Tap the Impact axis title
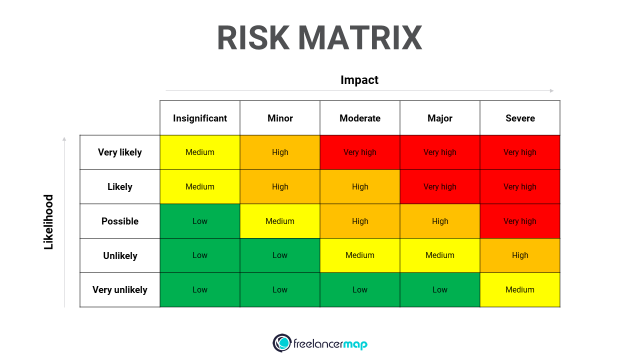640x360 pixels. click(x=359, y=80)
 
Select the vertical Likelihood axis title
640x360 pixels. click(x=48, y=221)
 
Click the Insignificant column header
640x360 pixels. click(x=200, y=118)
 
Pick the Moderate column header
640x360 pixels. click(x=360, y=118)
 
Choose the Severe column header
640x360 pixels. click(x=520, y=118)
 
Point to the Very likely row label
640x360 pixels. click(x=119, y=152)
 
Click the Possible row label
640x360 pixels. click(x=120, y=221)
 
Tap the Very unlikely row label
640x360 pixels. click(x=119, y=289)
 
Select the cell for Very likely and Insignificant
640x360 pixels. click(x=200, y=152)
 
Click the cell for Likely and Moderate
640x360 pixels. click(x=360, y=186)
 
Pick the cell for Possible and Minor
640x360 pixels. click(x=280, y=221)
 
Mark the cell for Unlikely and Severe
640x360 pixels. click(x=520, y=255)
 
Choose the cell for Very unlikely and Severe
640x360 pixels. click(x=520, y=289)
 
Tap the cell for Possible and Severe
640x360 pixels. click(x=520, y=221)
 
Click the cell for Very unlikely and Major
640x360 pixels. click(x=440, y=289)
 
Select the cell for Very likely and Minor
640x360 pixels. click(x=280, y=152)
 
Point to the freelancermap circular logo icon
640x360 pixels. click(x=282, y=343)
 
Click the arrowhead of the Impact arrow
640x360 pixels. click(x=551, y=91)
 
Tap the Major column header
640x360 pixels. click(x=440, y=118)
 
